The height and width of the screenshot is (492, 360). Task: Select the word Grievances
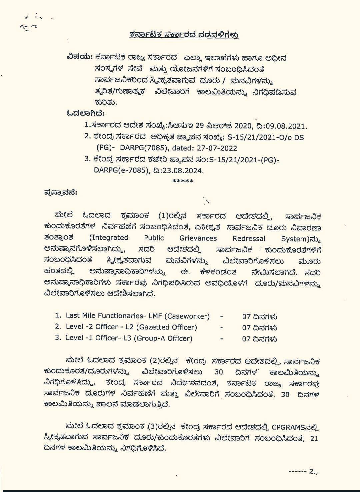point(198,238)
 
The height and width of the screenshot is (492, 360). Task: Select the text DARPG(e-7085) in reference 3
point(121,171)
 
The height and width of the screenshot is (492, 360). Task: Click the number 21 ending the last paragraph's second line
point(314,438)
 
